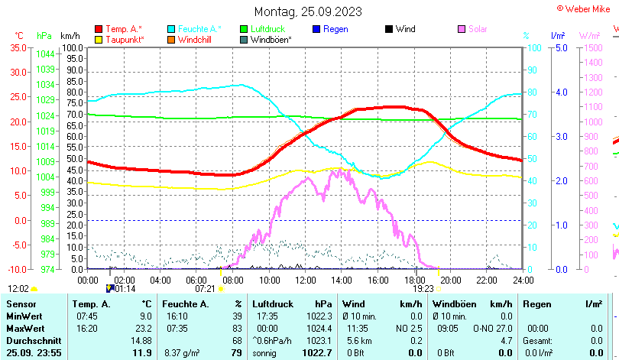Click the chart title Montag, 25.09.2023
(308, 11)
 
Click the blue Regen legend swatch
(317, 29)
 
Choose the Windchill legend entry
(196, 39)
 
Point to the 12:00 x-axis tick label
(305, 279)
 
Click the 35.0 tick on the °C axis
(18, 47)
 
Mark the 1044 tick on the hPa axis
(45, 54)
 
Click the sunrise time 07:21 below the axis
(205, 289)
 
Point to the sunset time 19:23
(423, 289)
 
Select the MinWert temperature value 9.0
(144, 316)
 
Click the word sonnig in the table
(265, 352)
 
